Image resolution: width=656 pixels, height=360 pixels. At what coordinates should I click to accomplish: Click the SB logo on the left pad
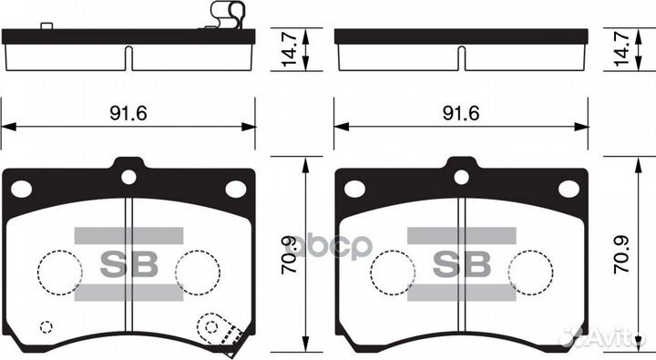(x=128, y=264)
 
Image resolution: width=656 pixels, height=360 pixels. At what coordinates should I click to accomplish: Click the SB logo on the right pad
(x=461, y=264)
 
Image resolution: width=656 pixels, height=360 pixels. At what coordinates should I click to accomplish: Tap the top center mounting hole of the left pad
(x=128, y=177)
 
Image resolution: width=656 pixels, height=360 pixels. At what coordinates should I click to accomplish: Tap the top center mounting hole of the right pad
(x=461, y=177)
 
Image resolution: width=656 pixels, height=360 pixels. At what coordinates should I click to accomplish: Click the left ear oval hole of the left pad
(x=22, y=189)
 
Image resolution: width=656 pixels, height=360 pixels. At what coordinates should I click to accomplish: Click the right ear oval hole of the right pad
(x=569, y=189)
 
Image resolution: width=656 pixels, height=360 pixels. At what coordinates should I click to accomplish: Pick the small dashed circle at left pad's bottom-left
(x=46, y=327)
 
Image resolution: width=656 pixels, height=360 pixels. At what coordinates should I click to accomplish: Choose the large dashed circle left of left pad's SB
(x=60, y=271)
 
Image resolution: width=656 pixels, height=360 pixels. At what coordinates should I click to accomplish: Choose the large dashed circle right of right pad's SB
(x=530, y=271)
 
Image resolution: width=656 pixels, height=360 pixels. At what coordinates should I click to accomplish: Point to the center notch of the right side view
(x=462, y=57)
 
